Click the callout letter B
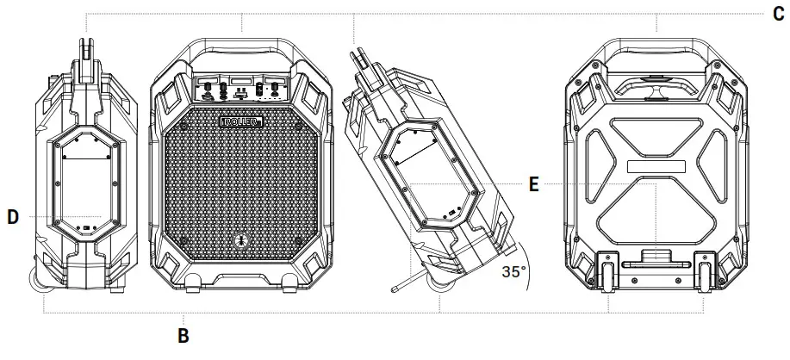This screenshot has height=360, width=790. [184, 334]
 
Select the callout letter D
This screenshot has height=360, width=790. [13, 218]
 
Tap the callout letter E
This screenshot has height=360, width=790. [534, 185]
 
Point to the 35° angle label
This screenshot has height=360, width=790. [514, 272]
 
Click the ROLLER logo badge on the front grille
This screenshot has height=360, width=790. [242, 121]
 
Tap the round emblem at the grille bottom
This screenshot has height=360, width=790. [242, 241]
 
